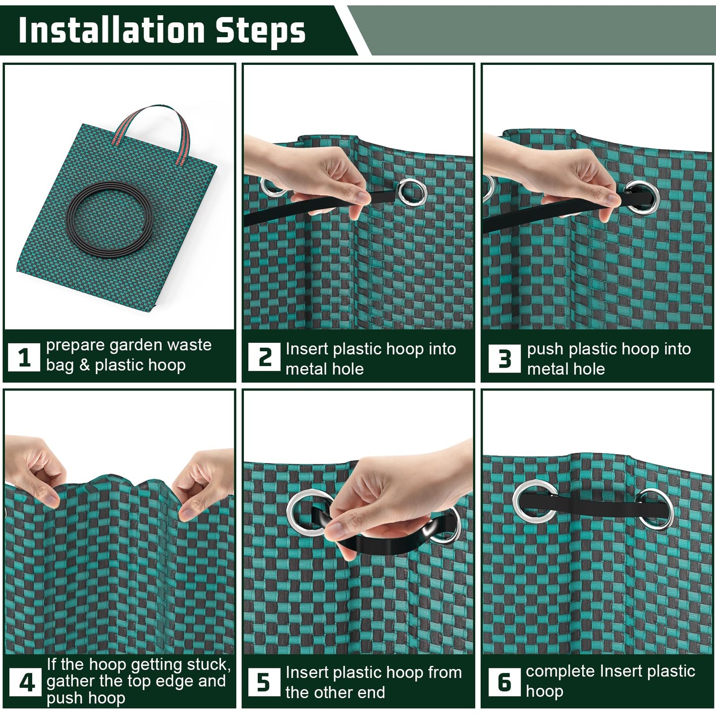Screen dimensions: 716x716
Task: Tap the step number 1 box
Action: pyautogui.click(x=24, y=357)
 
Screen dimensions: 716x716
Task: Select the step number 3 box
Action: pyautogui.click(x=504, y=358)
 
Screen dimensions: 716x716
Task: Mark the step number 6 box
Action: pyautogui.click(x=504, y=682)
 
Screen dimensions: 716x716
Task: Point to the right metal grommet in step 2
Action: pyautogui.click(x=412, y=192)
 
